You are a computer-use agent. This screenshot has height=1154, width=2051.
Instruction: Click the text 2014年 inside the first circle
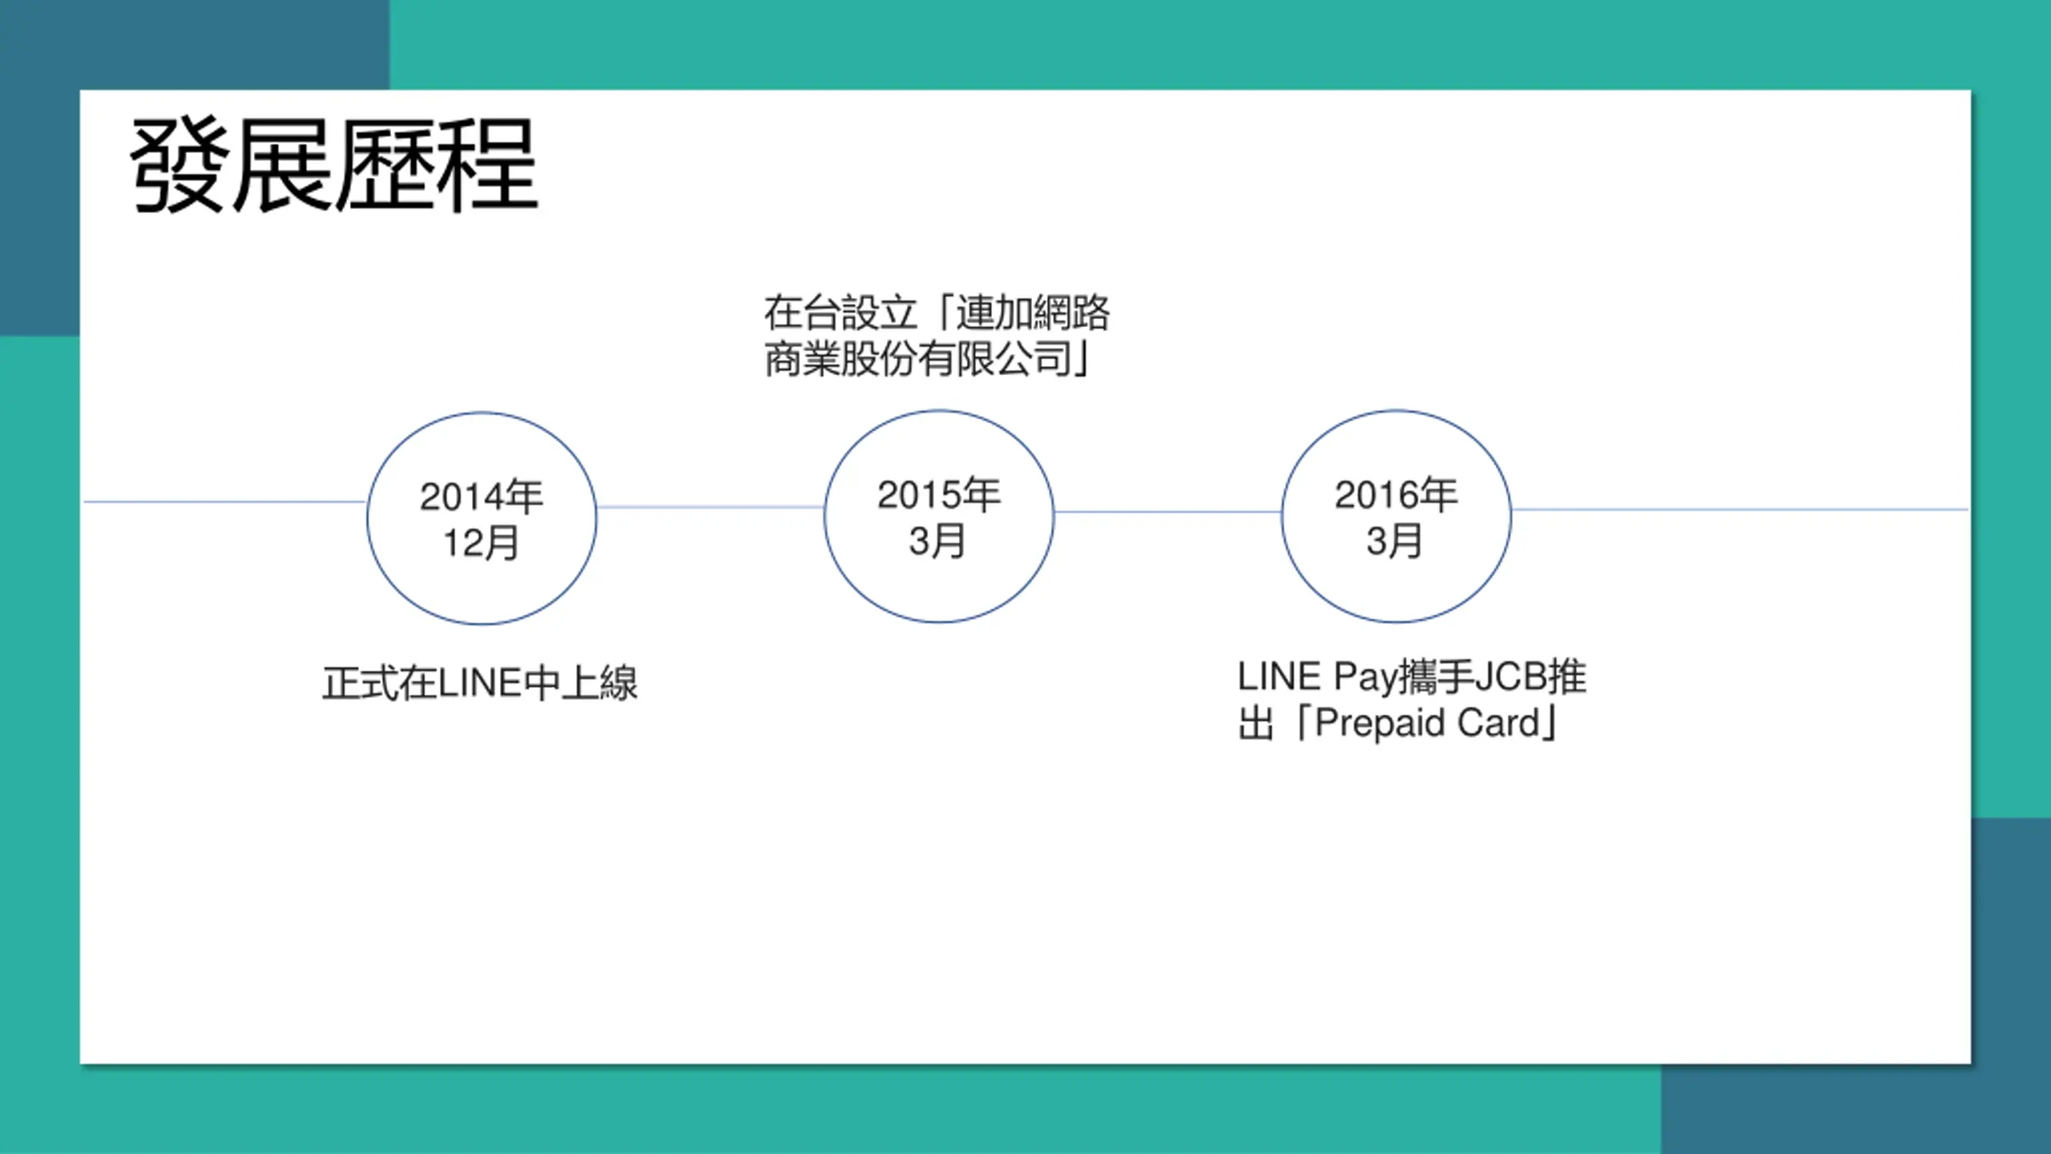(x=482, y=496)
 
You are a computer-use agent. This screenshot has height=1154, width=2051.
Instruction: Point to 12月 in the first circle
(x=482, y=543)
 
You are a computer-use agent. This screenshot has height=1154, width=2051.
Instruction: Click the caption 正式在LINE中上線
(x=480, y=684)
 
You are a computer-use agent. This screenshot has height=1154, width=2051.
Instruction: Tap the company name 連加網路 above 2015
(x=1033, y=313)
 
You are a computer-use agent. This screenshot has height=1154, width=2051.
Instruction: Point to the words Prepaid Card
(x=1426, y=723)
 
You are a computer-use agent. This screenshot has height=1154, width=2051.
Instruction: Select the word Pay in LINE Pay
(x=1365, y=677)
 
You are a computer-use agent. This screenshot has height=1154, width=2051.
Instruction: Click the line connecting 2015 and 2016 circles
(x=1168, y=511)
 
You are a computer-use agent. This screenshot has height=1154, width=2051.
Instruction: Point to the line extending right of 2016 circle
(x=1739, y=509)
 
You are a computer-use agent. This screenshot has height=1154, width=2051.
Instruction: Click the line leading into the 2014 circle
(x=224, y=502)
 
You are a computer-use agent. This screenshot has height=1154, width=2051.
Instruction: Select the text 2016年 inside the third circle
(x=1396, y=494)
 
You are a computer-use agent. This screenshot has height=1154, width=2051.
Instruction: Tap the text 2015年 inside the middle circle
(x=938, y=494)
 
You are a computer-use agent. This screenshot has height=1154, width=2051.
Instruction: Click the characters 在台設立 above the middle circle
(x=840, y=313)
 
